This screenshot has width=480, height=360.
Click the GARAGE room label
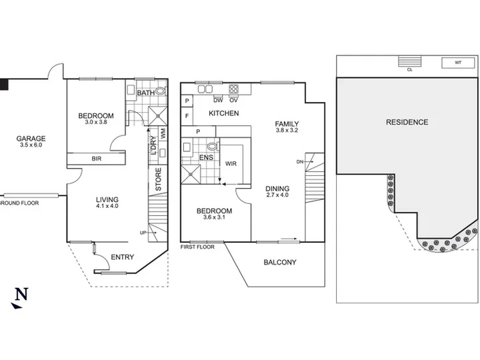31,139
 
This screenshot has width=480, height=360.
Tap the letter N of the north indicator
22,294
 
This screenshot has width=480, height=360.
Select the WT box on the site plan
458,63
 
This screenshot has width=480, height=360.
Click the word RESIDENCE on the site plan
407,122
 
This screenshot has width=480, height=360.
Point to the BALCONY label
280,263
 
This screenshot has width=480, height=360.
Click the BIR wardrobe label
97,159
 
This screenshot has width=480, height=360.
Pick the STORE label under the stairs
158,179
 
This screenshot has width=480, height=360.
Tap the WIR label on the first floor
231,164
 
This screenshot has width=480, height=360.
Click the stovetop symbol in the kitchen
233,89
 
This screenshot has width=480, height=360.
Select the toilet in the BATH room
161,91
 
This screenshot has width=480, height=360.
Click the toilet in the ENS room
213,146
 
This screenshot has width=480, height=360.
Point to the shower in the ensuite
191,175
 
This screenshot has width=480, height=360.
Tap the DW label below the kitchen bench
218,100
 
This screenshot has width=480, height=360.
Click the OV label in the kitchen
233,100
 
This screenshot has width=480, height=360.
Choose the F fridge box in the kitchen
187,116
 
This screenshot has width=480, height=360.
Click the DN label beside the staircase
300,161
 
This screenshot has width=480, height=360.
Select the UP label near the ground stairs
143,233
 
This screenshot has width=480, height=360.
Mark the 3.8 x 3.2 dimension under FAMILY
287,130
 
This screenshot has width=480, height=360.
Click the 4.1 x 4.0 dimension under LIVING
107,206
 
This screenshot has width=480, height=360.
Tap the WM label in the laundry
163,133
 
